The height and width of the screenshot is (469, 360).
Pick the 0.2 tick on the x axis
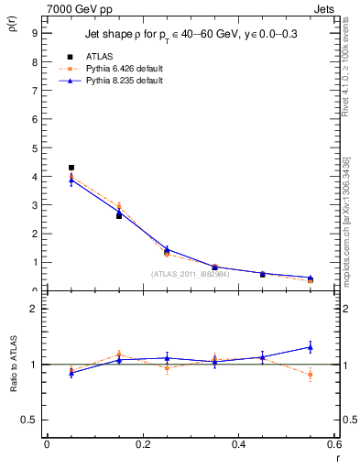coord(142,445)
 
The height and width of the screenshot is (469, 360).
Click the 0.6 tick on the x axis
coord(334,445)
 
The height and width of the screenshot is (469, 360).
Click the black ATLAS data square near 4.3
coord(71,168)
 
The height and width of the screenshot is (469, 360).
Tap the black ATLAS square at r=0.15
coord(119,216)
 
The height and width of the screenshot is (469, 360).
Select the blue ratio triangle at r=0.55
coord(311,347)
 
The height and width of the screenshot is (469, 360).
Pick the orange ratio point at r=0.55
coord(311,375)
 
